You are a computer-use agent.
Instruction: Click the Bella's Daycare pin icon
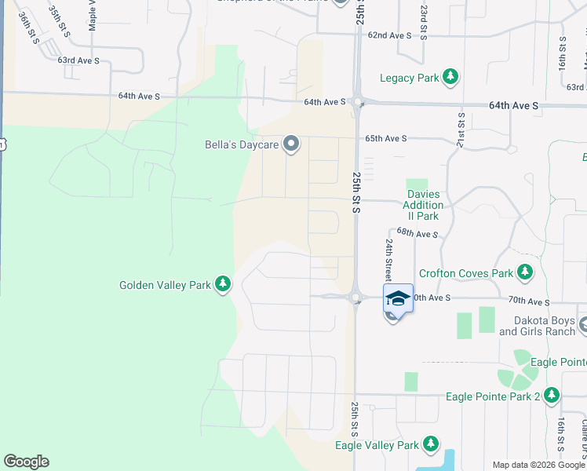point(292,144)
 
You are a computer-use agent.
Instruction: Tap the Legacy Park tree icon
point(450,77)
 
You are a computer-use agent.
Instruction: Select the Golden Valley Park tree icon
point(224,283)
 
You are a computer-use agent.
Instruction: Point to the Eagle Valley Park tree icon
point(431,444)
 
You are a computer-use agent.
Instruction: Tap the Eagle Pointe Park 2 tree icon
point(552,396)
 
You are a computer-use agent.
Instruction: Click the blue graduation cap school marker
point(398,298)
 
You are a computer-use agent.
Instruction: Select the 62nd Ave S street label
point(390,35)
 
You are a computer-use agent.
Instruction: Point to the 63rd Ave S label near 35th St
point(78,60)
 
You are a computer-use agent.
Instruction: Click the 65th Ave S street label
point(386,138)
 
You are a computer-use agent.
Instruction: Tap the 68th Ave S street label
point(417,233)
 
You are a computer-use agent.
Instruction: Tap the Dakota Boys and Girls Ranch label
point(538,326)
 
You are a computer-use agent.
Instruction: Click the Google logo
point(26,462)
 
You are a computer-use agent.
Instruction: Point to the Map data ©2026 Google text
point(538,465)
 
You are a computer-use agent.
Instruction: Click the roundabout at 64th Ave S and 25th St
point(357,101)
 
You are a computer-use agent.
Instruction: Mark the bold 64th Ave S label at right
point(514,104)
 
